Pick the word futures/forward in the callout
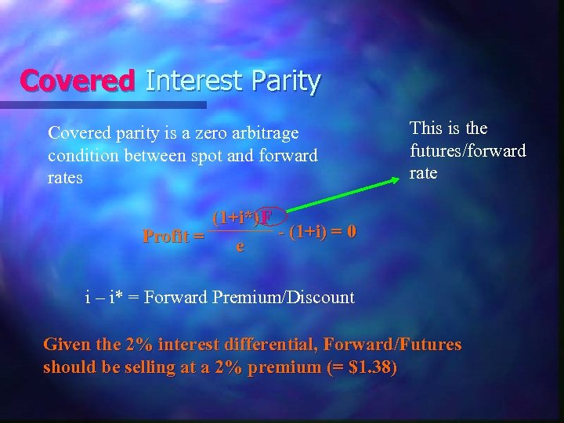468,150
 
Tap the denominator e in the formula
240,248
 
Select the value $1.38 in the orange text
373,367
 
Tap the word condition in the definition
84,156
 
